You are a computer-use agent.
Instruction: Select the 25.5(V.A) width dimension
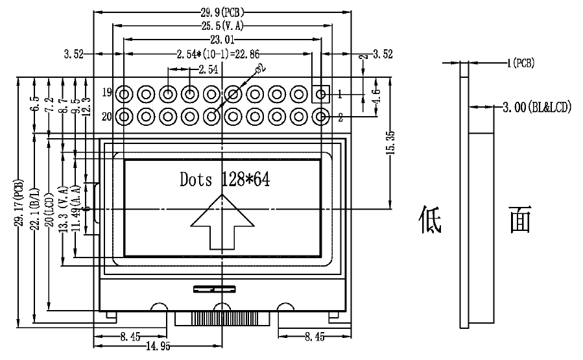coord(223,27)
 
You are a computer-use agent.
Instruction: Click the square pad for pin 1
coord(320,95)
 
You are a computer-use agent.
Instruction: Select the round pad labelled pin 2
coord(320,117)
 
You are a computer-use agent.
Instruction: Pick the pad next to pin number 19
coord(125,95)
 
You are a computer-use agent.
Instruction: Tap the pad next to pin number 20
coord(125,117)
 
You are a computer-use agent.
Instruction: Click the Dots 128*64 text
coord(224,180)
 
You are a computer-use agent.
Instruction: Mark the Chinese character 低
coord(429,220)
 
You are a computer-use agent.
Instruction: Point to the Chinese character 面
coord(520,220)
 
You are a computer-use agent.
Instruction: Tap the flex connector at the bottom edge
coord(222,318)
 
